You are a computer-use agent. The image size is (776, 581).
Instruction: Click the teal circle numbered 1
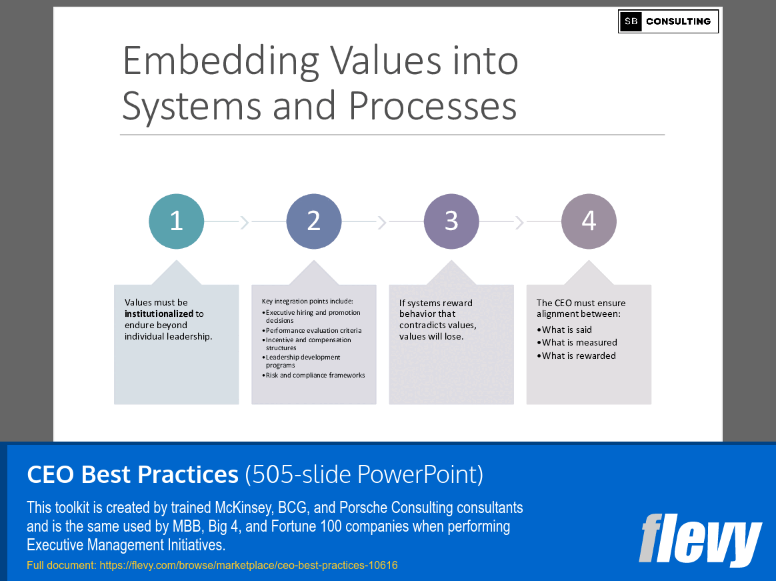tap(176, 221)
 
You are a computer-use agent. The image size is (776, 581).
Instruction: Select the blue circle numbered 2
tap(314, 221)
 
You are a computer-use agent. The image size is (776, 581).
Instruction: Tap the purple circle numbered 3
tap(451, 221)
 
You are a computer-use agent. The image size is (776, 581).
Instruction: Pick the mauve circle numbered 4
tap(589, 221)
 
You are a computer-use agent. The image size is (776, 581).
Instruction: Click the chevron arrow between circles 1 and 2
tap(245, 221)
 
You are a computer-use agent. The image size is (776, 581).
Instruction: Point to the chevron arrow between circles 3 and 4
tap(519, 221)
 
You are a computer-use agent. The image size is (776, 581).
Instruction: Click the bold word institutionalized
tap(159, 314)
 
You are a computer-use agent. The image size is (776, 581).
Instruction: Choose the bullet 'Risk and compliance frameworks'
tap(315, 376)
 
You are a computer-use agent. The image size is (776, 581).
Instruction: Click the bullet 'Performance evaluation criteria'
tap(313, 330)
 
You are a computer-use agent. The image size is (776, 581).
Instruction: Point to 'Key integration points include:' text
tap(307, 302)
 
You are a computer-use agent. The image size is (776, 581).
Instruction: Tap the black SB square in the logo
tap(631, 21)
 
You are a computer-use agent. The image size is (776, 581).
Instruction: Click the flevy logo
tap(699, 538)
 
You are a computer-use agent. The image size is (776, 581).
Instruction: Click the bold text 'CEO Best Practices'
tap(132, 474)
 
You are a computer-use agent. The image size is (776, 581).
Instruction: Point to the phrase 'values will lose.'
tap(431, 336)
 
